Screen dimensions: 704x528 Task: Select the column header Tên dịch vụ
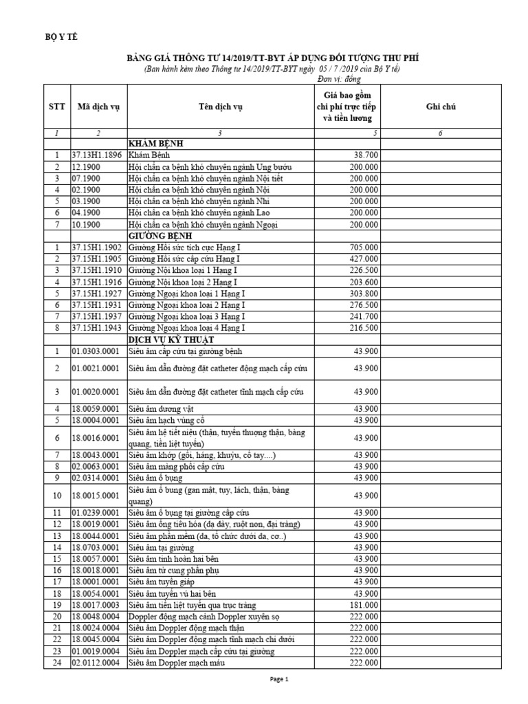click(x=220, y=107)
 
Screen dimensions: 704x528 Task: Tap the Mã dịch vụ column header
click(x=98, y=107)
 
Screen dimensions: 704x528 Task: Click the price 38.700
click(x=365, y=155)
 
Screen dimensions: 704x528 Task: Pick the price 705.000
click(x=364, y=247)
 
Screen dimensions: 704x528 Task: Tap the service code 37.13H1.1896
click(x=98, y=155)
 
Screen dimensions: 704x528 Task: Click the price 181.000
click(x=364, y=605)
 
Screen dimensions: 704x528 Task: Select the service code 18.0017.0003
click(x=98, y=605)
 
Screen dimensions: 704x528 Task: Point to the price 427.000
click(x=364, y=258)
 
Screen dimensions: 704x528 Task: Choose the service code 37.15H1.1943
click(x=98, y=328)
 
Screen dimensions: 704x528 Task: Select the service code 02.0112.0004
click(x=98, y=663)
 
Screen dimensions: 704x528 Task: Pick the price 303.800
click(x=364, y=293)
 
